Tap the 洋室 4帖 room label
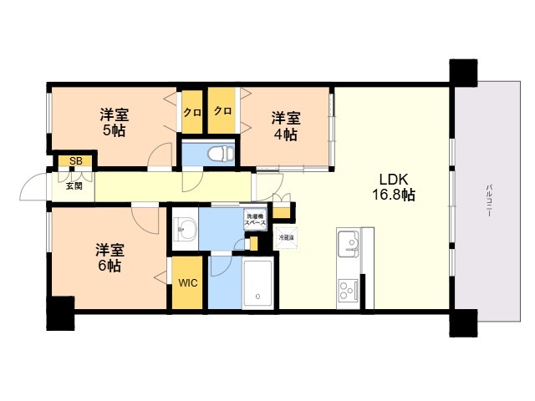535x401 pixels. tap(284, 126)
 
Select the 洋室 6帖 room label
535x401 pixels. tap(107, 257)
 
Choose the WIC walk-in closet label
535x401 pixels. tap(187, 282)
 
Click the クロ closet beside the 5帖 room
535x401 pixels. tap(191, 112)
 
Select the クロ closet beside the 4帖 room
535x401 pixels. tap(222, 111)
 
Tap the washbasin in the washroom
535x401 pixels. tap(186, 228)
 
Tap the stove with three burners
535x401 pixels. tap(348, 292)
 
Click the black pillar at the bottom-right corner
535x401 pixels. tap(462, 322)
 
